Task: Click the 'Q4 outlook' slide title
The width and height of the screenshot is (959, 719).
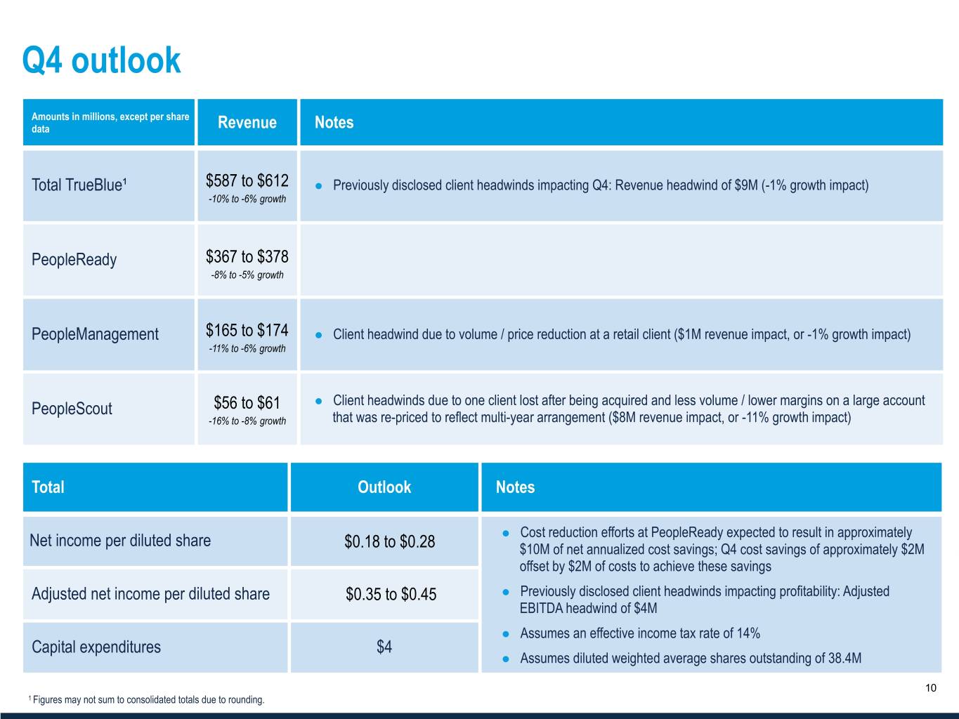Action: pos(101,60)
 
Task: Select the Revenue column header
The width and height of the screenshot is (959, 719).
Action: pos(247,123)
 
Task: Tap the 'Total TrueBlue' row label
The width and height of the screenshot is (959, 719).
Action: pos(79,185)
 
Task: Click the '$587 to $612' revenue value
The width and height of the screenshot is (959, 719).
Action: pos(247,181)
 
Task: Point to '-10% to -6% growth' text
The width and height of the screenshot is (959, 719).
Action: pos(247,199)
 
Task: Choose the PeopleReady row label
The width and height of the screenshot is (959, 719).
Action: pos(74,260)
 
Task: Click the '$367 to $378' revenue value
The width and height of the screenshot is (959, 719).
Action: pos(247,257)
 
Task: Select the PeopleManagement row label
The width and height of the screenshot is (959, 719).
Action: pos(95,334)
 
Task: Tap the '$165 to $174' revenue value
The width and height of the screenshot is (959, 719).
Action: pos(247,330)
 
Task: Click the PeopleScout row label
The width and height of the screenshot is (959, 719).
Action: pos(72,409)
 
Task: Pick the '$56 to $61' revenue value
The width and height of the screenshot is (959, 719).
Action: pos(247,403)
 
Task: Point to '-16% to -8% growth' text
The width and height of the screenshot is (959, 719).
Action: pos(247,421)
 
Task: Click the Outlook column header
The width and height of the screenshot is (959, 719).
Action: pos(384,487)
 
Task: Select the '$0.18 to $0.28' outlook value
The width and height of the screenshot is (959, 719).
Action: pos(389,541)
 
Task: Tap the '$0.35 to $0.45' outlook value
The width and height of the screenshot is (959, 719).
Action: pos(391,595)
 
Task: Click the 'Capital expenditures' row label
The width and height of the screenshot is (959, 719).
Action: pos(96,647)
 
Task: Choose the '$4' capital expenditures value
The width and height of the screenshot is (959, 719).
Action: pos(384,647)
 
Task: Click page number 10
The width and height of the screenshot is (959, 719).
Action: pos(930,688)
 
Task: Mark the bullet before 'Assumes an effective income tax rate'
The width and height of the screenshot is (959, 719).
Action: pos(505,633)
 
